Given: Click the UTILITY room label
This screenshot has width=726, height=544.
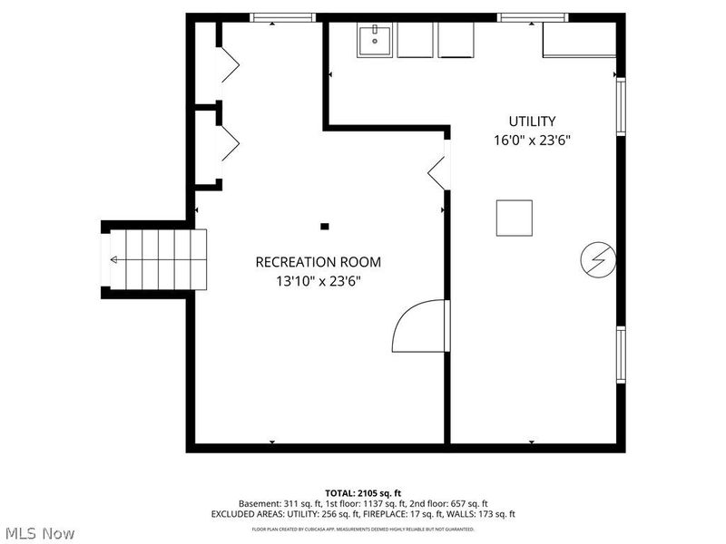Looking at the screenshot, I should (x=532, y=121).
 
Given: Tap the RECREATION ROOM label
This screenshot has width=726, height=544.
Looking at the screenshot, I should (x=318, y=262).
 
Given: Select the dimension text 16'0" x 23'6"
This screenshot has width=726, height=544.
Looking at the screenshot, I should (x=532, y=141).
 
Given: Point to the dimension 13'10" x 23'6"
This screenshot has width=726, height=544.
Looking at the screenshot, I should (x=318, y=281).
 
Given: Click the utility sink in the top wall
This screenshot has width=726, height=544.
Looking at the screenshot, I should (x=375, y=40).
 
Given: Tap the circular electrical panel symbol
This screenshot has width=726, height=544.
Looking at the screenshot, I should (x=597, y=260).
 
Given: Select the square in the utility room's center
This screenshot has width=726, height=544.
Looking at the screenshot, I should (x=515, y=218).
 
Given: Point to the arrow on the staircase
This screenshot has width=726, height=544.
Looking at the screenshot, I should (x=115, y=259).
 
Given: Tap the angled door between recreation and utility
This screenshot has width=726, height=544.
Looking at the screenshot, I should (x=437, y=170).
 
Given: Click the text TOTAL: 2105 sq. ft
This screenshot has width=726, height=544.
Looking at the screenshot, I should (x=363, y=492).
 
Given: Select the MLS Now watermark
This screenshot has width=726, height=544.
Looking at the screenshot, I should (x=39, y=533).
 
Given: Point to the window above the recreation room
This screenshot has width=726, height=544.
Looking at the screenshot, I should (x=282, y=17).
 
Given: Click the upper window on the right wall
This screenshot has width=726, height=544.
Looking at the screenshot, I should (x=621, y=107).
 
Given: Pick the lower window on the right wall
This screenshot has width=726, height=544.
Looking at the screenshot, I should (x=621, y=355).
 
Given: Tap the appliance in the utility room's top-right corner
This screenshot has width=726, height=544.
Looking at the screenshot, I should (x=578, y=39).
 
